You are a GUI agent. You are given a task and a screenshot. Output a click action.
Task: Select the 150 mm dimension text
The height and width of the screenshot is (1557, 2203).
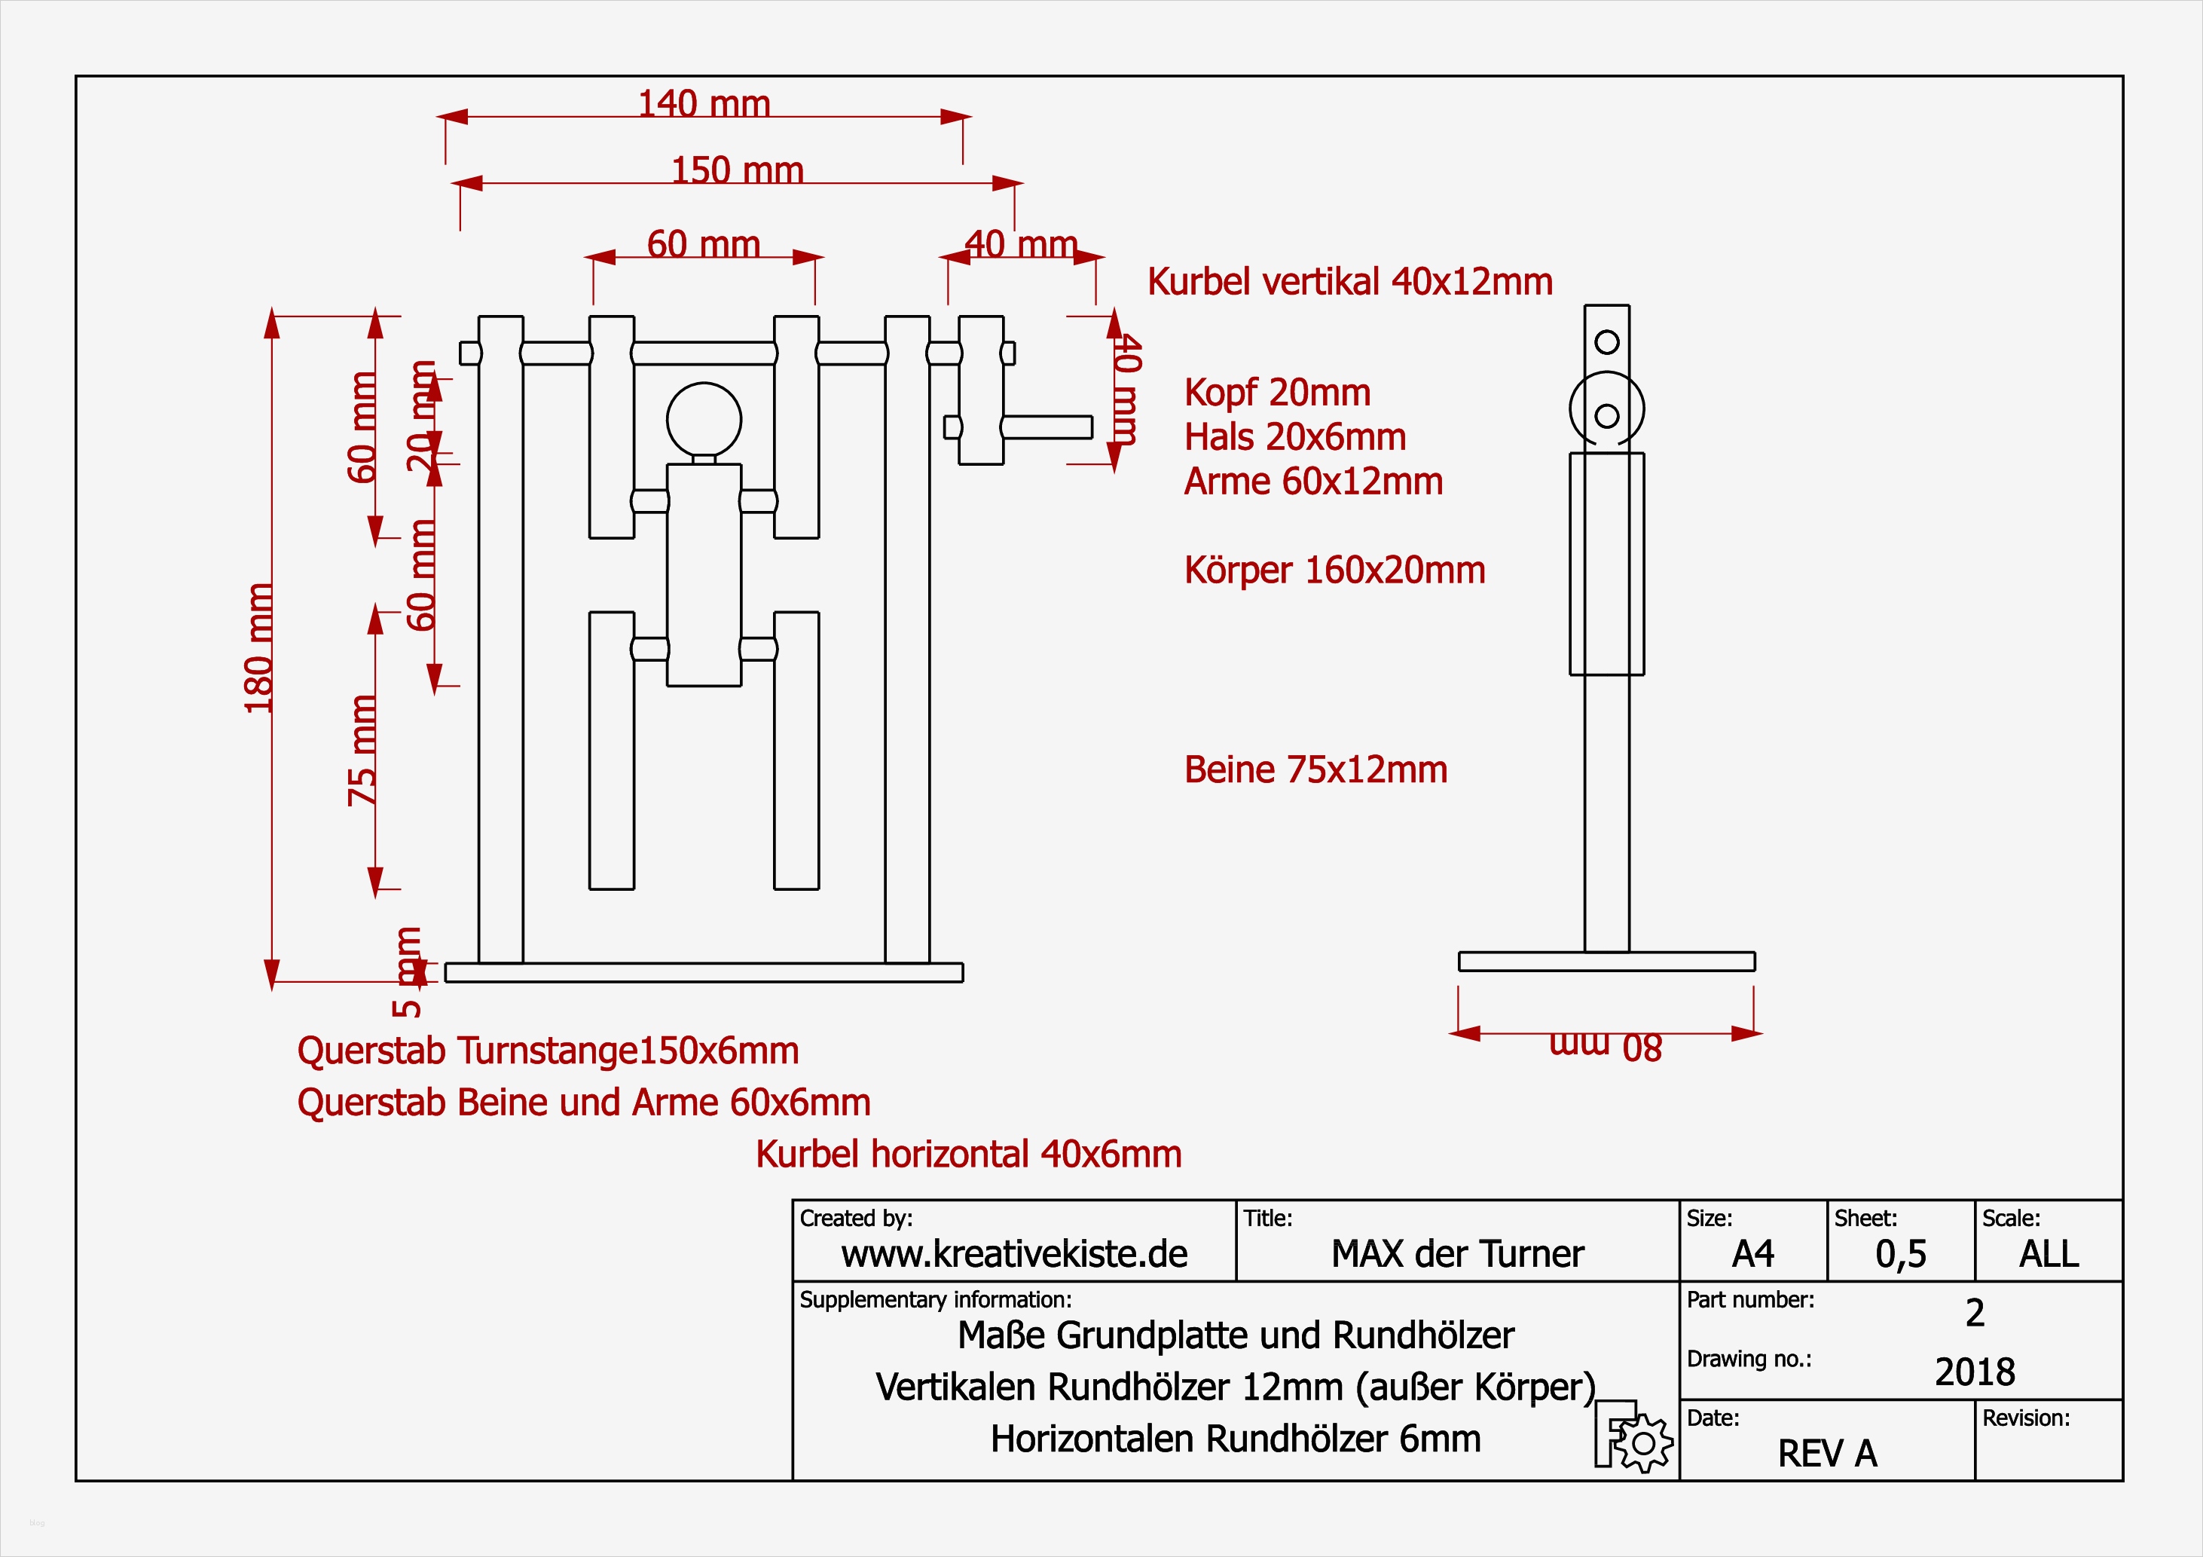point(737,170)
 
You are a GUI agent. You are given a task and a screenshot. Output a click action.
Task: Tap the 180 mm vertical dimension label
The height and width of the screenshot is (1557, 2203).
point(259,648)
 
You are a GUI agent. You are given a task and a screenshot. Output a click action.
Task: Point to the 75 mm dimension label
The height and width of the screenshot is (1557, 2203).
point(362,750)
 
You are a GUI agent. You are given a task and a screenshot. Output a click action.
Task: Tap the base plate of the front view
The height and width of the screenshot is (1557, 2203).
point(704,972)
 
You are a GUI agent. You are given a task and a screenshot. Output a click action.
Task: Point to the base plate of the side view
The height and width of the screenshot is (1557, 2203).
point(1606,961)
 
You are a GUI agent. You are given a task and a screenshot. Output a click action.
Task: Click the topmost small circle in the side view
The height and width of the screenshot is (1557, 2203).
point(1607,341)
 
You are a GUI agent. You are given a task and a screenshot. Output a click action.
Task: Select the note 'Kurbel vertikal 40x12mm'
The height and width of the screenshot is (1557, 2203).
point(1350,281)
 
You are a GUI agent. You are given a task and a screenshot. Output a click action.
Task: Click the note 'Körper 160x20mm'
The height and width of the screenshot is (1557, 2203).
point(1334,570)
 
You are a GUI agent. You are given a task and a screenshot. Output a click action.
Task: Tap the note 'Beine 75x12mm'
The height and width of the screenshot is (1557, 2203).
point(1315,770)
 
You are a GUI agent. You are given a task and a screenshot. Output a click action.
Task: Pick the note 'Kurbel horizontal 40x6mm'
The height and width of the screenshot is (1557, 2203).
point(968,1154)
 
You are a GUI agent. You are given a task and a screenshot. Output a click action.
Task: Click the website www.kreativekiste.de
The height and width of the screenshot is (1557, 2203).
point(1014,1253)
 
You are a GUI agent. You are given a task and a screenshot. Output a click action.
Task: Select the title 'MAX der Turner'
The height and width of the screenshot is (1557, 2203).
point(1457,1253)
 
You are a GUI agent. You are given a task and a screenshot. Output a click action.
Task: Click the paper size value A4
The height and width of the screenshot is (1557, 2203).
point(1753,1253)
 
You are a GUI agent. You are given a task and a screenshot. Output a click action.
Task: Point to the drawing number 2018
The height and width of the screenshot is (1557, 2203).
point(1975,1372)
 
